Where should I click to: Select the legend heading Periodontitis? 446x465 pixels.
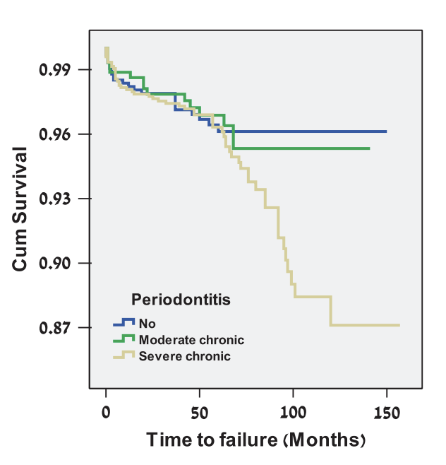pos(181,300)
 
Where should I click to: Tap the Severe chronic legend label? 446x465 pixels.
pos(184,356)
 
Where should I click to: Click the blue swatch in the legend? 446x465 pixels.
pos(123,323)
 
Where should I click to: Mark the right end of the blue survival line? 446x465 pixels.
pos(386,131)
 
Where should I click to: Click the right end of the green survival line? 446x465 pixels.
pos(369,148)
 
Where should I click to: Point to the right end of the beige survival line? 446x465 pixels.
pos(399,325)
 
